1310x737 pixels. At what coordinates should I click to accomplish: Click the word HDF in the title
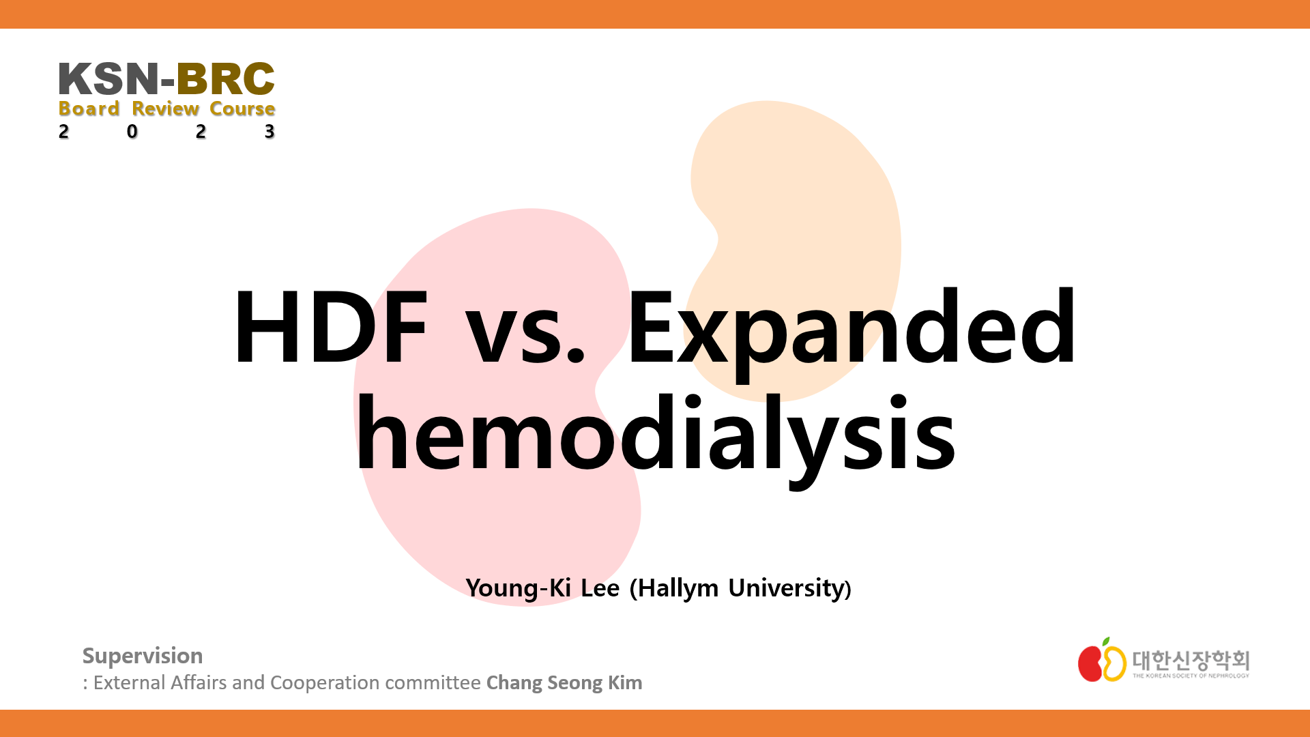pyautogui.click(x=331, y=328)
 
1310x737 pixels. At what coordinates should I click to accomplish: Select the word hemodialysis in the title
pyautogui.click(x=655, y=434)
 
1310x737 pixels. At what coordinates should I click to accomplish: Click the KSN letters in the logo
pyautogui.click(x=108, y=79)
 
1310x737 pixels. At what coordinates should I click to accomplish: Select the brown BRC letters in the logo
pyautogui.click(x=226, y=79)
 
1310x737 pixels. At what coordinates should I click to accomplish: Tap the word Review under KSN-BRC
pyautogui.click(x=166, y=109)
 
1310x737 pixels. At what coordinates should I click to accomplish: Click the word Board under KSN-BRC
pyautogui.click(x=89, y=109)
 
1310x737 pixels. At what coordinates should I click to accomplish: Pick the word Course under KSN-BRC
pyautogui.click(x=242, y=109)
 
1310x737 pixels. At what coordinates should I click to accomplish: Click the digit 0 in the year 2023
pyautogui.click(x=132, y=131)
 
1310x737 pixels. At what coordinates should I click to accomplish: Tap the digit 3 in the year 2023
pyautogui.click(x=270, y=131)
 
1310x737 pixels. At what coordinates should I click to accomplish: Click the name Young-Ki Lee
pyautogui.click(x=542, y=588)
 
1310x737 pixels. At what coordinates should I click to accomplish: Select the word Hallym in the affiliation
pyautogui.click(x=678, y=588)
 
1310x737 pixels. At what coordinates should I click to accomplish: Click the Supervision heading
pyautogui.click(x=143, y=656)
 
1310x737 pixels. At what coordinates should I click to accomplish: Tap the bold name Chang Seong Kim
pyautogui.click(x=564, y=683)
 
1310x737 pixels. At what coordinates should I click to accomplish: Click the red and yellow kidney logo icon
pyautogui.click(x=1101, y=661)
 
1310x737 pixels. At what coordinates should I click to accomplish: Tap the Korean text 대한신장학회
pyautogui.click(x=1191, y=659)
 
